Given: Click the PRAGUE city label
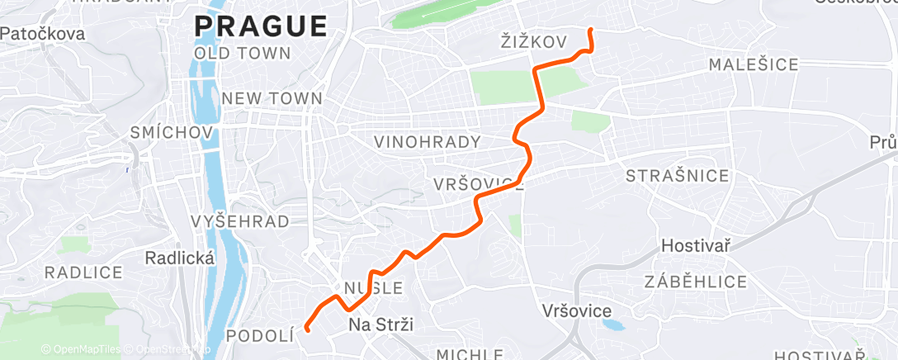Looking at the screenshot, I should pyautogui.click(x=260, y=26).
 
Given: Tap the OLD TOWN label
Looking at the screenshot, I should pyautogui.click(x=243, y=54).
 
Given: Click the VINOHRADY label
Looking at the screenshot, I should pyautogui.click(x=427, y=142).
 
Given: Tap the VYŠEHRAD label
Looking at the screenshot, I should pyautogui.click(x=239, y=221).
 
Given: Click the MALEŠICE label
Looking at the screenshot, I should pyautogui.click(x=754, y=64).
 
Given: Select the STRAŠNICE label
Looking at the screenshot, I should pyautogui.click(x=678, y=176).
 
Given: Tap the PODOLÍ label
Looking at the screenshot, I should pyautogui.click(x=260, y=335).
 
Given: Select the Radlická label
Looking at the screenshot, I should pyautogui.click(x=179, y=258).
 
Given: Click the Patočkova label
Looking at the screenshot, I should pyautogui.click(x=43, y=34).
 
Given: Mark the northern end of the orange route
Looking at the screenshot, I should pyautogui.click(x=590, y=31).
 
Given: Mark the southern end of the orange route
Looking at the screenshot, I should pyautogui.click(x=306, y=329).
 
